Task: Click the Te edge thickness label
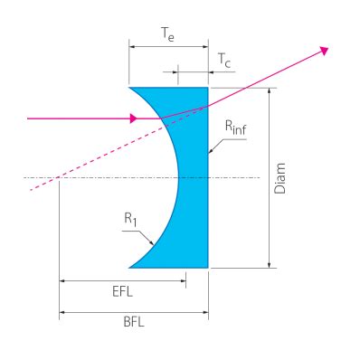pyautogui.click(x=168, y=33)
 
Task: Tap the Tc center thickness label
pyautogui.click(x=224, y=61)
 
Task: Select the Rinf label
pyautogui.click(x=236, y=128)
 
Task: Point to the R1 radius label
pyautogui.click(x=130, y=220)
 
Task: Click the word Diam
pyautogui.click(x=279, y=178)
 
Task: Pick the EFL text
pyautogui.click(x=122, y=291)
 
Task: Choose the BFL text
pyautogui.click(x=134, y=322)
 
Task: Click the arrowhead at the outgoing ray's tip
pyautogui.click(x=325, y=51)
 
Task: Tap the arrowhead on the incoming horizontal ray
pyautogui.click(x=134, y=118)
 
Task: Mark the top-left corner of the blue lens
pyautogui.click(x=129, y=88)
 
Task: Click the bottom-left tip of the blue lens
pyautogui.click(x=129, y=268)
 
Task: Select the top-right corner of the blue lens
pyautogui.click(x=208, y=88)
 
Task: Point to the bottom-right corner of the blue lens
pyautogui.click(x=208, y=268)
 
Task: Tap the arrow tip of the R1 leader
pyautogui.click(x=154, y=244)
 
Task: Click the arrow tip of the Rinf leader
pyautogui.click(x=209, y=153)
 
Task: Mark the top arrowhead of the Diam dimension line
pyautogui.click(x=270, y=91)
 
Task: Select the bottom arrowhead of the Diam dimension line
pyautogui.click(x=270, y=264)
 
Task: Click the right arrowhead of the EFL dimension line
pyautogui.click(x=183, y=280)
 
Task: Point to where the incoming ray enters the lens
pyautogui.click(x=161, y=118)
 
